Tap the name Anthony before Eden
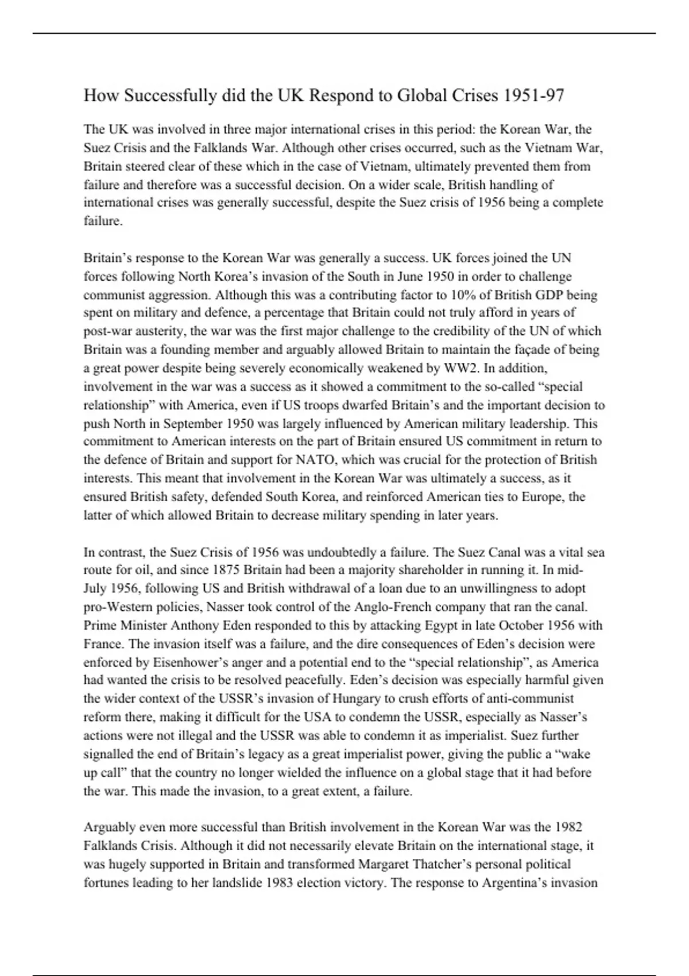(195, 625)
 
